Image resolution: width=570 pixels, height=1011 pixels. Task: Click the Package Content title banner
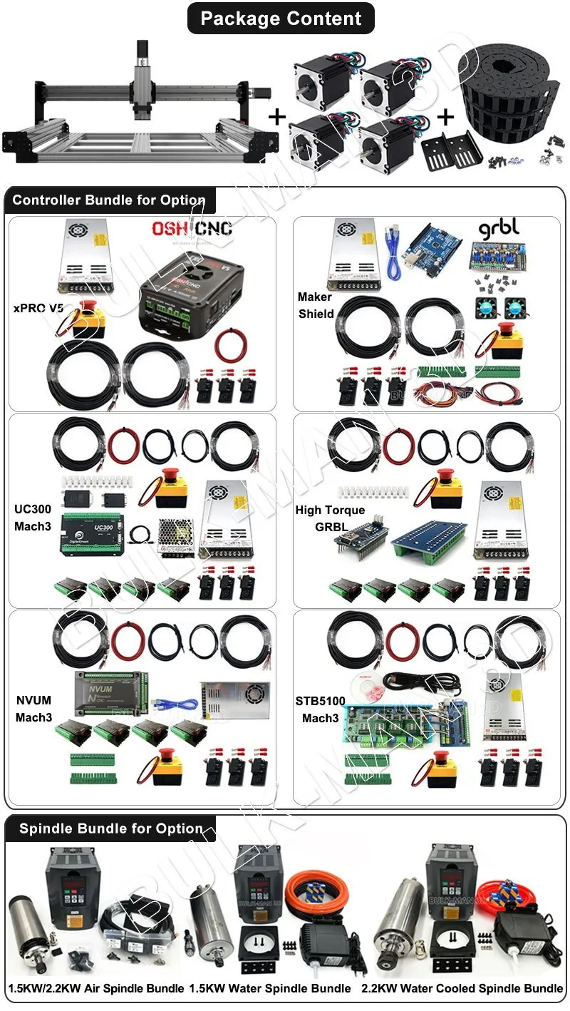point(281,19)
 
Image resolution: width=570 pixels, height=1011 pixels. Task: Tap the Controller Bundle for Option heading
point(109,200)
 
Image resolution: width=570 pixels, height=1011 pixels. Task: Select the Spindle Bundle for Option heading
point(110,828)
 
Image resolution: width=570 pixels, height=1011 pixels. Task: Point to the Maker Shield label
point(316,305)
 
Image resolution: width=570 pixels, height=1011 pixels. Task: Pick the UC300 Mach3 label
point(31,518)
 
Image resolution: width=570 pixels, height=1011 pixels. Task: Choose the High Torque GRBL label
point(330,518)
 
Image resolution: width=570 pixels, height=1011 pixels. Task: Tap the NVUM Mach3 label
point(33,709)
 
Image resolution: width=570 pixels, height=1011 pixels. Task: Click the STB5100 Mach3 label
point(320,709)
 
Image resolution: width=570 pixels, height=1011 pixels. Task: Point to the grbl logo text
point(499,228)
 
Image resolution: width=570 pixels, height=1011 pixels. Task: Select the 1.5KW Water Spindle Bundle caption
point(270,988)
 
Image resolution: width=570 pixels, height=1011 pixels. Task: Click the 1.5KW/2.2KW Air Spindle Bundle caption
point(96,988)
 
